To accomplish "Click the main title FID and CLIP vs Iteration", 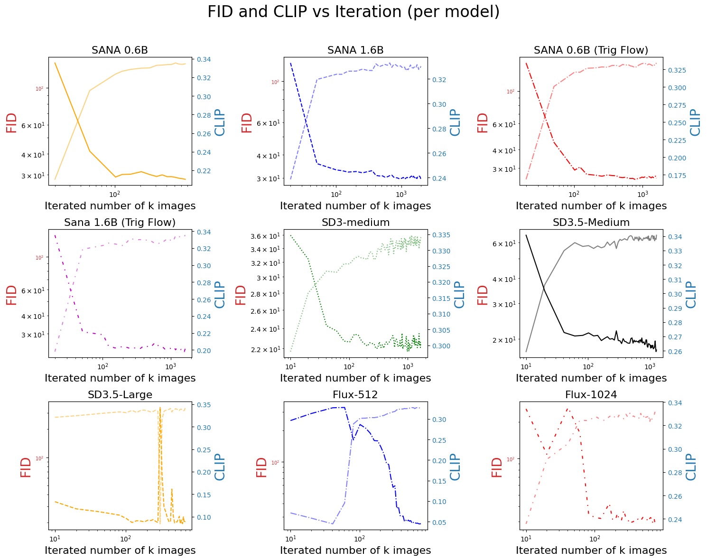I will point(353,12).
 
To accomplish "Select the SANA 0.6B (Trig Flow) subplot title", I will point(591,50).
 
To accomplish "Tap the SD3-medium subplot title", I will point(355,223).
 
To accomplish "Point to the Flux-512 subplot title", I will point(355,395).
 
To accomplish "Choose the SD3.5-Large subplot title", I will point(120,395).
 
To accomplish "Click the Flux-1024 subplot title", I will point(591,395).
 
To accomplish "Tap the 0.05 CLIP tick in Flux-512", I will point(439,523).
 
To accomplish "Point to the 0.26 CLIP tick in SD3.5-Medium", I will point(675,352).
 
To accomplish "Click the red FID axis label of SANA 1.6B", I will point(247,122).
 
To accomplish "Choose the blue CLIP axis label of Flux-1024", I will point(691,467).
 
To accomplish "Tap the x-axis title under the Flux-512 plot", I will point(355,551).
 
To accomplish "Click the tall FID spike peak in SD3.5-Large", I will point(160,407).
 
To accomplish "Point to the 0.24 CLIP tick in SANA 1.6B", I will point(439,178).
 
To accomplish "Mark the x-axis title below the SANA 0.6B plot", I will point(120,206).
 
